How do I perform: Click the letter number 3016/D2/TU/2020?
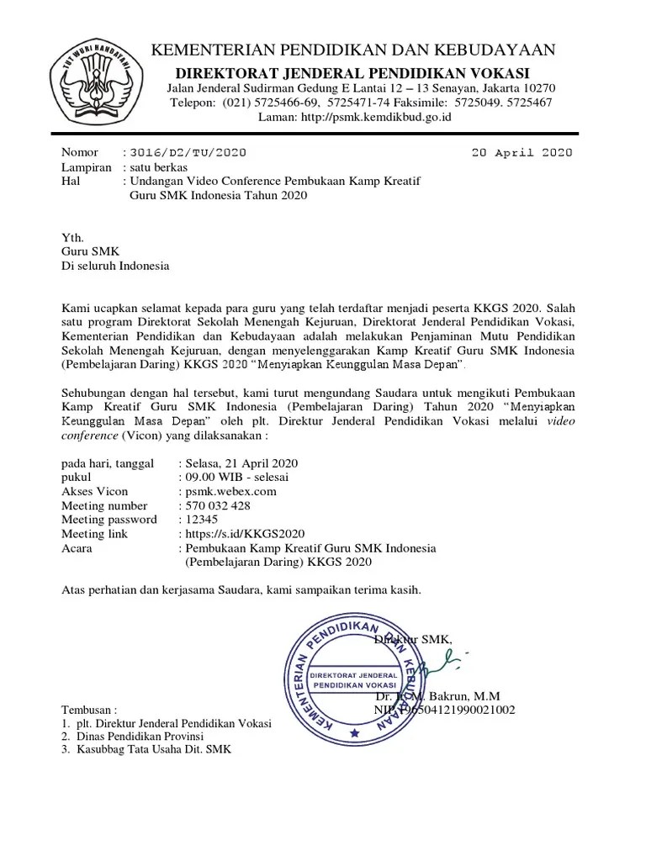pyautogui.click(x=188, y=152)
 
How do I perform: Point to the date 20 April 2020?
pyautogui.click(x=522, y=152)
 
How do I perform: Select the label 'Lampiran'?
pyautogui.click(x=87, y=166)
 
